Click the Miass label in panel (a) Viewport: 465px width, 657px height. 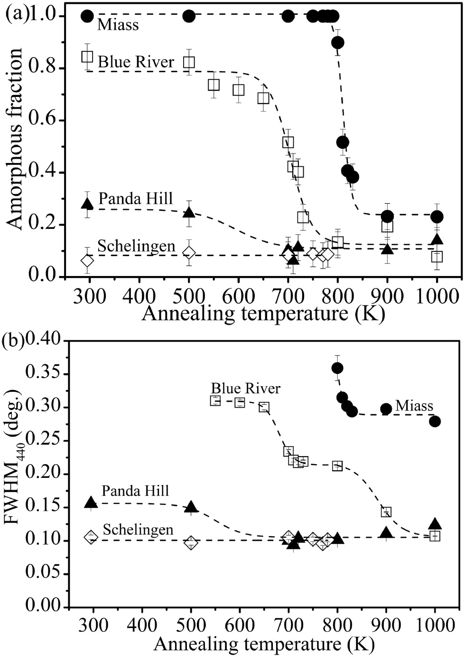(118, 25)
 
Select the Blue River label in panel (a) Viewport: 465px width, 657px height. (136, 62)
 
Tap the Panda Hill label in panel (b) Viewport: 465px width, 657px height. (135, 490)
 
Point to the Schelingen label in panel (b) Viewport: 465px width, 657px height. (138, 529)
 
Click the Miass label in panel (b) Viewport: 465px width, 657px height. (414, 406)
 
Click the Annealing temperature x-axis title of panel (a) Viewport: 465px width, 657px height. (262, 314)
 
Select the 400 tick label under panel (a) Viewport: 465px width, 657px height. (139, 296)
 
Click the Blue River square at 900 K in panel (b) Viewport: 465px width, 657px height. (386, 512)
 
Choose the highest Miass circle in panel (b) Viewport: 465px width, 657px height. (337, 368)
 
